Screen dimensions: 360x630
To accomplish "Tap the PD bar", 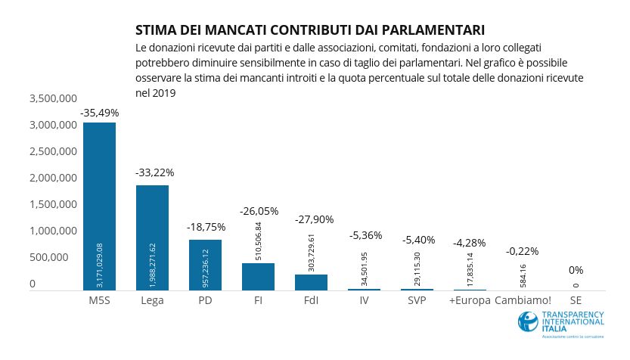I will point(205,265).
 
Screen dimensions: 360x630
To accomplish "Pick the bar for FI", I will point(258,277).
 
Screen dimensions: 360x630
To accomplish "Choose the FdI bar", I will point(311,282).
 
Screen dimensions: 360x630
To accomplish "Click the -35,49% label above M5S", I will point(99,113).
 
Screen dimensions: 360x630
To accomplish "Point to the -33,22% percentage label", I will point(154,172).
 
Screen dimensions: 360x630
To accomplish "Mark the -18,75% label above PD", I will point(206,226).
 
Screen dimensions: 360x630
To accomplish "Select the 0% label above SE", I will point(576,270).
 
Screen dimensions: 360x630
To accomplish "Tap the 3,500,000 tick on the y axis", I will point(53,98).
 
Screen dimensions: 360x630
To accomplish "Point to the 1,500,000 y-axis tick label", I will point(53,204).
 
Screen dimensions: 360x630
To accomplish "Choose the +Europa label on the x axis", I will point(469,301).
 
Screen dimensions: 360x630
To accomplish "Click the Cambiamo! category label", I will point(523,301).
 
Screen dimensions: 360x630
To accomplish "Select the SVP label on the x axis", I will point(417,301).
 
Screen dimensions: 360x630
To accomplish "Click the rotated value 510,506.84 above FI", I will point(259,241).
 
